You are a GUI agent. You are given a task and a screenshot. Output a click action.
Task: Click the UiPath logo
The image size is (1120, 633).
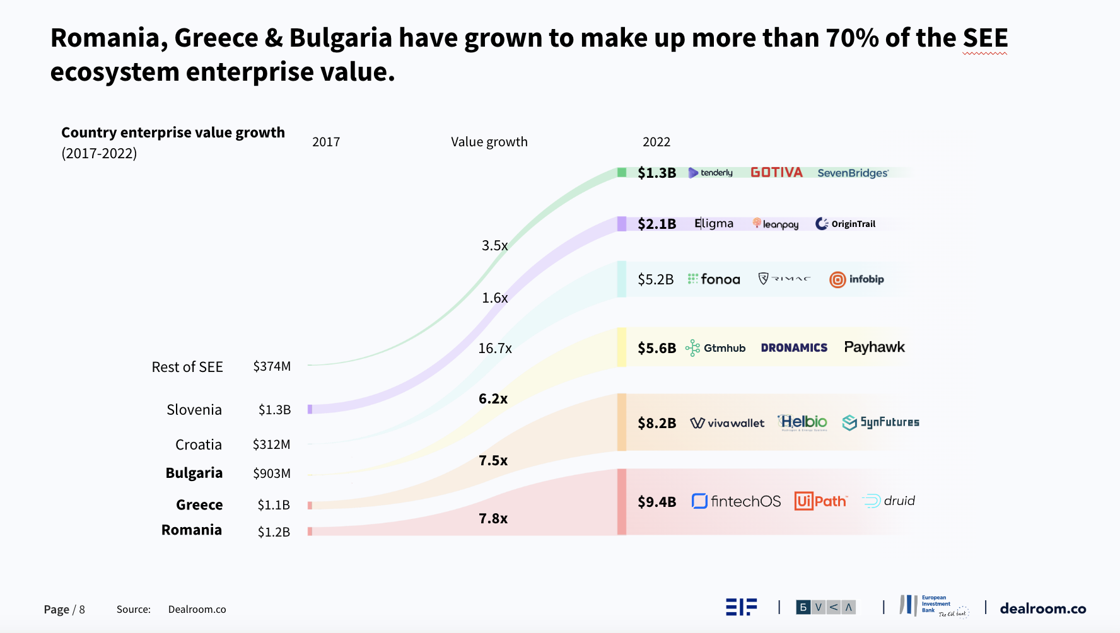820,501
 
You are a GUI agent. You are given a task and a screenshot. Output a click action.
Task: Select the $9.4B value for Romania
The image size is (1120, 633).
656,502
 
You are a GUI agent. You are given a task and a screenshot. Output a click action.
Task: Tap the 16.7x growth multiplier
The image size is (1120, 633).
494,348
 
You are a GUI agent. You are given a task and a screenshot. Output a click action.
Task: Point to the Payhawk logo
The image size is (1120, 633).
874,347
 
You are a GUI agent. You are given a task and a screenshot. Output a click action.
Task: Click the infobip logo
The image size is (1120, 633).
856,279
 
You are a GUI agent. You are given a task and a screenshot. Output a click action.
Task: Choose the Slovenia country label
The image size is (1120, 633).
194,410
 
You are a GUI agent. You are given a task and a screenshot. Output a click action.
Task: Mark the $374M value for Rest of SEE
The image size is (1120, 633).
272,366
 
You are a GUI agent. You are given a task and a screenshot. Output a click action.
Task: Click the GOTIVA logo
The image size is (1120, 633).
776,173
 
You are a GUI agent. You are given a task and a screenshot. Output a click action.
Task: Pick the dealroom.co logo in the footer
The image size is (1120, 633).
1042,608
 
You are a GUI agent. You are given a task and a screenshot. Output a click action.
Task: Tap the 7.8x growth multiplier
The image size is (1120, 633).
493,518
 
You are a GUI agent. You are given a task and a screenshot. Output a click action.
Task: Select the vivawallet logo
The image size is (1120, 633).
727,423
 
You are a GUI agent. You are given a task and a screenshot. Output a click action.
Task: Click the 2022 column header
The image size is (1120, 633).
656,142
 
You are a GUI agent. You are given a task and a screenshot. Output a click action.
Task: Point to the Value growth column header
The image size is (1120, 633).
489,142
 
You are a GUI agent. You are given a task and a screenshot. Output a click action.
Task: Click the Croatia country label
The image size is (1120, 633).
199,444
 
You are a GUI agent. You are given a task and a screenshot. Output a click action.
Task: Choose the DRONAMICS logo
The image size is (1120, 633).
794,348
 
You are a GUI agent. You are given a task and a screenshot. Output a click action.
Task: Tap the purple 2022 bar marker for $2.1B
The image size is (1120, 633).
622,224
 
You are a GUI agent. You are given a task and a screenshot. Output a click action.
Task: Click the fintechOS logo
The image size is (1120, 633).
736,501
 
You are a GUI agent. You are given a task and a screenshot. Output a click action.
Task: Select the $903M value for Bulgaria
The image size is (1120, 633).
272,473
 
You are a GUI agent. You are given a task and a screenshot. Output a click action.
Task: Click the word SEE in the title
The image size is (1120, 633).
985,38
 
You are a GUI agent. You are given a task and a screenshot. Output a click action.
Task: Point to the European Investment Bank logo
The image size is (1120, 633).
933,606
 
